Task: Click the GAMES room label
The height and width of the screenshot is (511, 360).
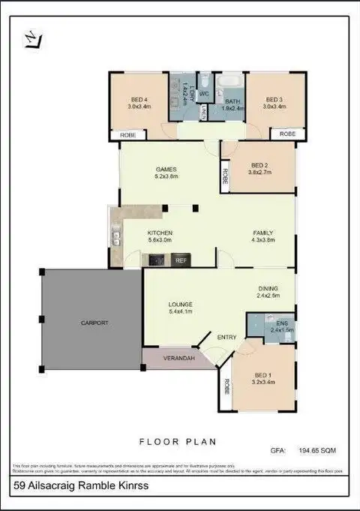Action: click(x=166, y=169)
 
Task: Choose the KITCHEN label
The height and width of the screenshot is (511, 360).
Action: click(x=160, y=233)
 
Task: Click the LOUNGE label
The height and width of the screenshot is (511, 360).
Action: click(x=181, y=304)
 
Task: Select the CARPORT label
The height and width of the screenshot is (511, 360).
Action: click(x=95, y=323)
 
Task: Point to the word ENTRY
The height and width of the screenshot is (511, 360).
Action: click(x=226, y=337)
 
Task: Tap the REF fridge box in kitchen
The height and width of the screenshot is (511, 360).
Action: click(x=181, y=260)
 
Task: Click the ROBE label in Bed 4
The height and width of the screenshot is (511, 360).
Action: click(x=127, y=134)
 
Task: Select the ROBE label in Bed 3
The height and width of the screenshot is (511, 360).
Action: click(x=288, y=134)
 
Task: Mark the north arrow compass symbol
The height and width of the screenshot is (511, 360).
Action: click(x=31, y=39)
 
